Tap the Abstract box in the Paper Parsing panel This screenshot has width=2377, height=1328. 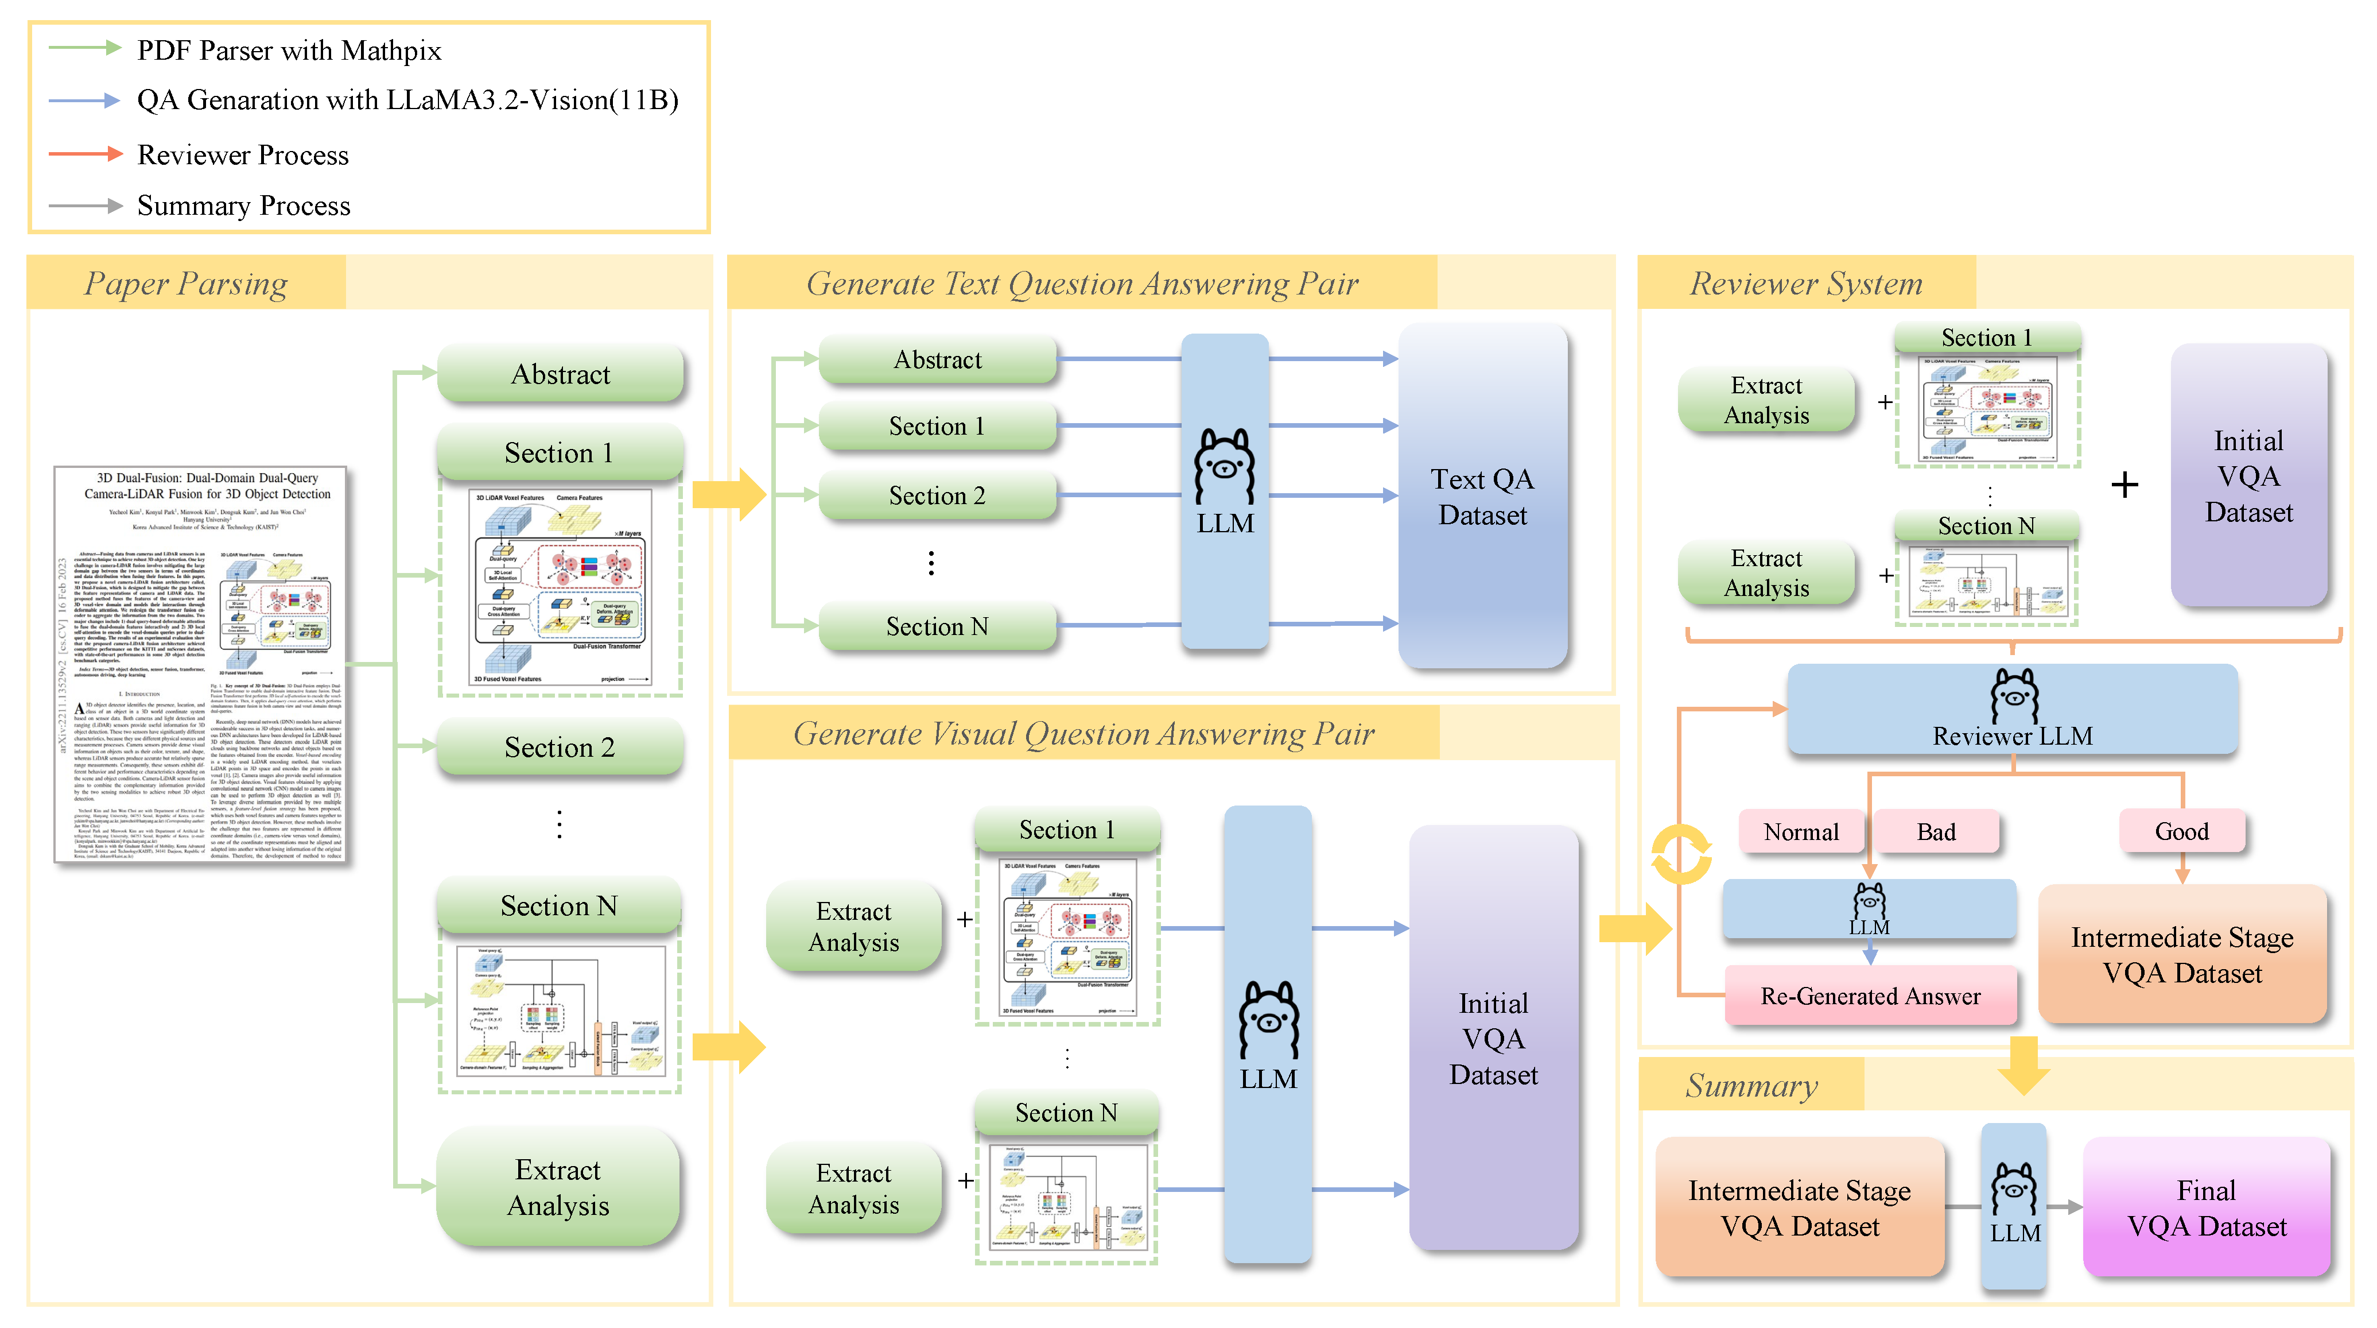560,374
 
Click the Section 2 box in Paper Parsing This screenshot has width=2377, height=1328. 560,746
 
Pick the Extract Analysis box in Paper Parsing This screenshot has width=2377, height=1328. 558,1187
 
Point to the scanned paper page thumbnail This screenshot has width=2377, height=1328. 200,664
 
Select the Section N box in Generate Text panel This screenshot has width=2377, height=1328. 937,626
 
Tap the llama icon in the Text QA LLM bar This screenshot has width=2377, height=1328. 1225,466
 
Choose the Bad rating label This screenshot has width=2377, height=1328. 1936,831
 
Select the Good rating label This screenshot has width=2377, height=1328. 2181,831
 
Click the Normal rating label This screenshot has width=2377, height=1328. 1800,831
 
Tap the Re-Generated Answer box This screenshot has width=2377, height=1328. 1870,996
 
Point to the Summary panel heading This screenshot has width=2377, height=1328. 1751,1085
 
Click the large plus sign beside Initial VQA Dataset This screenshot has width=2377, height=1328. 2124,485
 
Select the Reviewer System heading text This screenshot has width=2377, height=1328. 1806,283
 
